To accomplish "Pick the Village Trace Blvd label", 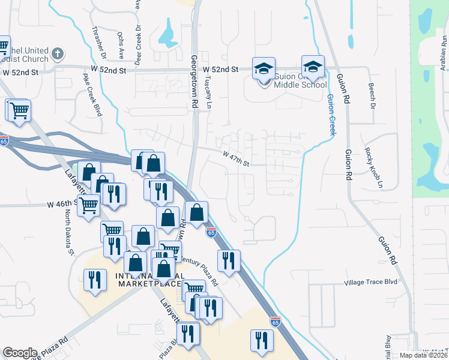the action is point(371,282).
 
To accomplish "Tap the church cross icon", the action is point(58,54).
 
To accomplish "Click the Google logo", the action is point(20,353).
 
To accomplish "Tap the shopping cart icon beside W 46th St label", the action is point(89,205).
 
